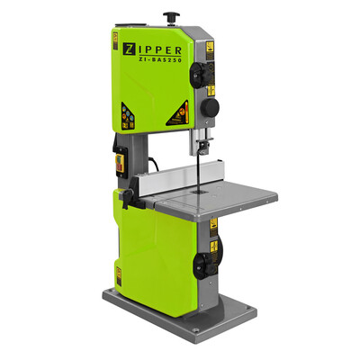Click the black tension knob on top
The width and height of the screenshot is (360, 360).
(x=168, y=15)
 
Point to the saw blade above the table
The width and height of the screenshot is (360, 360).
(x=196, y=175)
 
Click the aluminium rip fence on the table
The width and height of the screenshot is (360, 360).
(x=171, y=186)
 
